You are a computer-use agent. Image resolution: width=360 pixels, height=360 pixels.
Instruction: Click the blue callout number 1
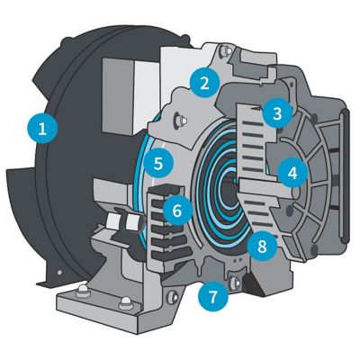(x=42, y=129)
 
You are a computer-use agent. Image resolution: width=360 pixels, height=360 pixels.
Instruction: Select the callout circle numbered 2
(x=204, y=83)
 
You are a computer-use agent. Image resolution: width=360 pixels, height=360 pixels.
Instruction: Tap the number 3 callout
(x=276, y=113)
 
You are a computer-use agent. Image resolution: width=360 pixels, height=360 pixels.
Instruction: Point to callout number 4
(x=292, y=173)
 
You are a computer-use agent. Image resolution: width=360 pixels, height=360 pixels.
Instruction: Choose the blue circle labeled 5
(x=158, y=163)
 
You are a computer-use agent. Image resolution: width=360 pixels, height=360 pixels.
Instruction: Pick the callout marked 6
(x=177, y=211)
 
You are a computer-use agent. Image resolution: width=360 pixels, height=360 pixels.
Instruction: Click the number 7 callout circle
(x=212, y=296)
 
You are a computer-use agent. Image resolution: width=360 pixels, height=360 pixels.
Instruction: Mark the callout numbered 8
(x=262, y=247)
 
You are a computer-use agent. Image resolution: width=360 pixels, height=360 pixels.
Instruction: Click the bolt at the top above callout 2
(x=225, y=51)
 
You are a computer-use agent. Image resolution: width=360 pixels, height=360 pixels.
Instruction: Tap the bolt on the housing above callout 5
(x=180, y=121)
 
